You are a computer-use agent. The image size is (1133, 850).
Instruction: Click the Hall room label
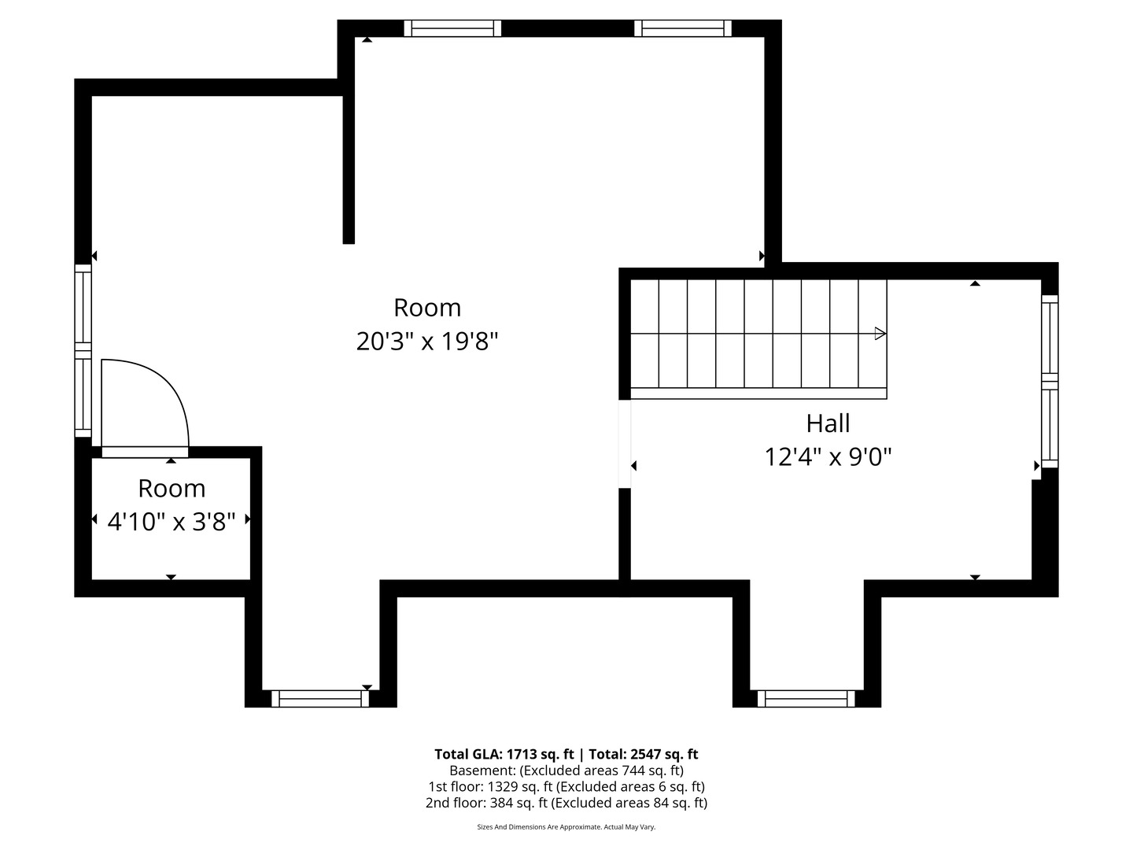828,423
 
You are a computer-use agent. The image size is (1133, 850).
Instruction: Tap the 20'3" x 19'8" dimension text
427,341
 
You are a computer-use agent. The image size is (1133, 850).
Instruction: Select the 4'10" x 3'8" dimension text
172,521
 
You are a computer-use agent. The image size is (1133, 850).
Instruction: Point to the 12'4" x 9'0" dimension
828,456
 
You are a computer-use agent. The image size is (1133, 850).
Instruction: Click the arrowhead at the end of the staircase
880,334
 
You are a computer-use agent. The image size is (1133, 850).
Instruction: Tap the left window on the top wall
452,28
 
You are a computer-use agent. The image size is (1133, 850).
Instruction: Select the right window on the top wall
682,28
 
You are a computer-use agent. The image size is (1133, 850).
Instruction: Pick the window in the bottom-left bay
320,698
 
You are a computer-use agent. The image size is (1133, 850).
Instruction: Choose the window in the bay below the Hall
806,698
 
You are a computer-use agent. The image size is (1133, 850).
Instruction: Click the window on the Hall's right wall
1050,382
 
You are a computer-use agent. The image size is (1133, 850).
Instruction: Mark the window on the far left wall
83,351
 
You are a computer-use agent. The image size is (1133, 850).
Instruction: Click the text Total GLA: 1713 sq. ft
504,755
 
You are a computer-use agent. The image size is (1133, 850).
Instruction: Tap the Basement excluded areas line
566,771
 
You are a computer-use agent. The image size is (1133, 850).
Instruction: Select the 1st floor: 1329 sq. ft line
566,787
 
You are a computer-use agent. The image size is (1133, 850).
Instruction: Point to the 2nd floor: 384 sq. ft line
566,803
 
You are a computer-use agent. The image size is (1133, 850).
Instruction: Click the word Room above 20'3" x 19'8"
427,308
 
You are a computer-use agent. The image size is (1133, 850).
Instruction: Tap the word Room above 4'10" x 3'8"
172,488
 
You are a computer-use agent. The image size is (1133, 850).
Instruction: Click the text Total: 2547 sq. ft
643,755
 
